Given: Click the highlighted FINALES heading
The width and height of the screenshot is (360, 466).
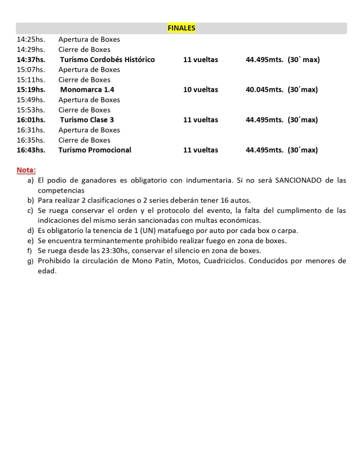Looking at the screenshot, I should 181,28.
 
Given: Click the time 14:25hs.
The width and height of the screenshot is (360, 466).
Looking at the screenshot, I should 31,39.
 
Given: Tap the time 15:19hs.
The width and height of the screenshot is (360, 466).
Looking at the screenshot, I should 31,90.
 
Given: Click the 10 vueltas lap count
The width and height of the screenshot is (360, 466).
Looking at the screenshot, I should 200,90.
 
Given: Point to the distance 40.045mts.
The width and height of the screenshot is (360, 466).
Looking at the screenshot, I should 264,90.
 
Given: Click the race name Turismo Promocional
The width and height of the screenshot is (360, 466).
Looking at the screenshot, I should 95,150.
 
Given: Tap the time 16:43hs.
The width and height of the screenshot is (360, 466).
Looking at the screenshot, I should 31,150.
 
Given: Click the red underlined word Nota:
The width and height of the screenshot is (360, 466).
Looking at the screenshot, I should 26,170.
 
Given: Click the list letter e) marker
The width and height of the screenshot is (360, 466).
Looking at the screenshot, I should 31,240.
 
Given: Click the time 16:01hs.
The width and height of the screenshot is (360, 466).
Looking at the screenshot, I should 31,120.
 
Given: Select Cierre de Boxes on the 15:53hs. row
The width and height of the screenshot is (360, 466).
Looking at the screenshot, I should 84,110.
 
